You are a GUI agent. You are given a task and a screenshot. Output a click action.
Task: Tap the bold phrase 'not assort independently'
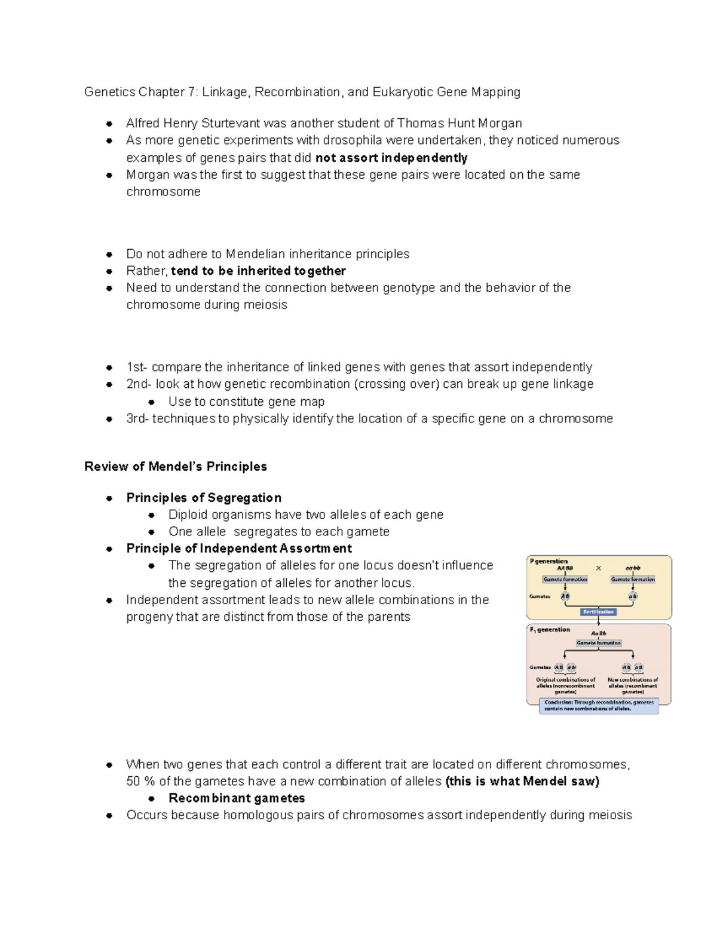pos(391,158)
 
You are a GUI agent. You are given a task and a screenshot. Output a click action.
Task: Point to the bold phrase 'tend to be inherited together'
pos(258,271)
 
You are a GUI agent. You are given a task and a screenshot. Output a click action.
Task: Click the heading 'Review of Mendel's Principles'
pos(176,467)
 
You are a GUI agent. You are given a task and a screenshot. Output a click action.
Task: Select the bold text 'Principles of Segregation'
pos(204,498)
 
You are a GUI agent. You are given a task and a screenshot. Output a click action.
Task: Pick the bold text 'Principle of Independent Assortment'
pos(239,549)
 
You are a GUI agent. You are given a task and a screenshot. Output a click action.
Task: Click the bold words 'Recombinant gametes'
pos(237,798)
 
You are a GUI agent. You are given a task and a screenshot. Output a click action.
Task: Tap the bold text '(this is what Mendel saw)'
pos(522,781)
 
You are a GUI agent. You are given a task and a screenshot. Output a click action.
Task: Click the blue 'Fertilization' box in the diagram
pos(598,612)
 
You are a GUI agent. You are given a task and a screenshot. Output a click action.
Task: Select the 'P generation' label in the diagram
pos(549,561)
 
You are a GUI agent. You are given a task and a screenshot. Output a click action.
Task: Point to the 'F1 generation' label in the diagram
pos(550,630)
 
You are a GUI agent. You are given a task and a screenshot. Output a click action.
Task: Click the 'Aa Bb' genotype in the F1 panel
pos(598,633)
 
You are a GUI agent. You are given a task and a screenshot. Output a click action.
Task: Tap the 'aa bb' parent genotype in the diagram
pos(633,568)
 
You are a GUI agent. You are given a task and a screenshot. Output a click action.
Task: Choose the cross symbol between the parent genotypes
pos(598,568)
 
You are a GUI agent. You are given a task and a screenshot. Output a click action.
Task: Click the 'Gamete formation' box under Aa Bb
pos(598,643)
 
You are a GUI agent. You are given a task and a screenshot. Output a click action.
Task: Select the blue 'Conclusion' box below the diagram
pos(599,706)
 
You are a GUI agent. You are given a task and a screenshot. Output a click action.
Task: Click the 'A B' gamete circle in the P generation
pos(565,596)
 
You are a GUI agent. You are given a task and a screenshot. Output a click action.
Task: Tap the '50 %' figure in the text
pos(141,781)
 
